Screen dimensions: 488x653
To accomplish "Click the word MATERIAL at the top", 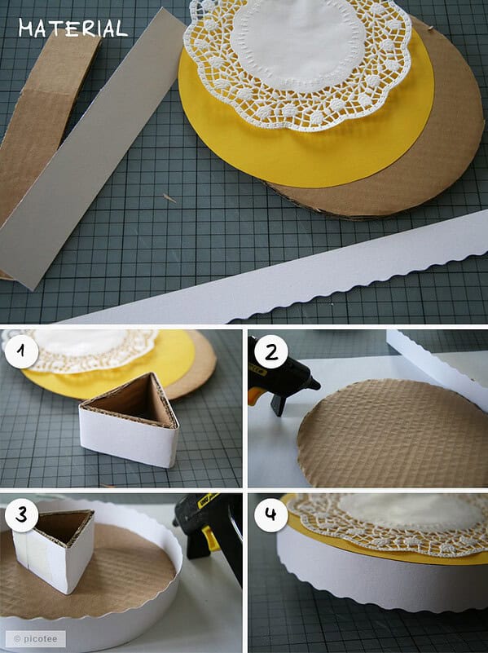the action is click(x=73, y=29).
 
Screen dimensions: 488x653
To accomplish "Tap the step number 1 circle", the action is click(x=22, y=351).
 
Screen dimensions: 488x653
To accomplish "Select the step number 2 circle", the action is click(x=271, y=352).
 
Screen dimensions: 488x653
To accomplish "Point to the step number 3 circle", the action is click(x=22, y=515).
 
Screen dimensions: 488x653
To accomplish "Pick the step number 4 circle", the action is click(x=270, y=514).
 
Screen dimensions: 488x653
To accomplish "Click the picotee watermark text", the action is click(x=35, y=638).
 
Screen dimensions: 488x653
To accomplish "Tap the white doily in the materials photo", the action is click(x=297, y=63).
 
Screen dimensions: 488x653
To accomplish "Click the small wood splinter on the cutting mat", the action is click(x=169, y=198).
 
